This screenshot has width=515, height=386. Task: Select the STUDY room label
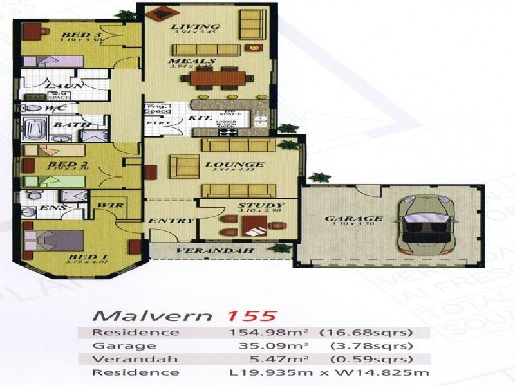click(x=252, y=205)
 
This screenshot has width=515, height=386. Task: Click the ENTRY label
click(x=171, y=221)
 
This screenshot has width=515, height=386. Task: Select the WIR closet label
click(x=106, y=206)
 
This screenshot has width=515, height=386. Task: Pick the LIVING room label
click(x=187, y=26)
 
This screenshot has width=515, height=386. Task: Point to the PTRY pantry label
click(x=154, y=122)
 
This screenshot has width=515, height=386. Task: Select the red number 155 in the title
click(x=254, y=316)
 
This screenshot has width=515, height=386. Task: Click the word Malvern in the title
click(x=153, y=316)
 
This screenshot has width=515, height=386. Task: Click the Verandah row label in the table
click(x=120, y=359)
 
